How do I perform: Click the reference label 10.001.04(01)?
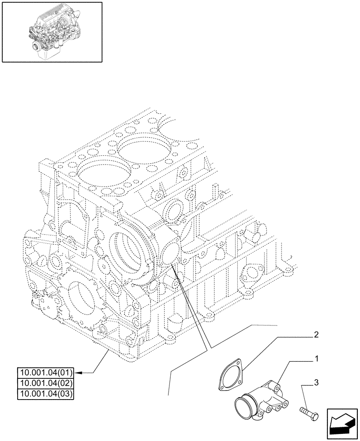(x=46, y=372)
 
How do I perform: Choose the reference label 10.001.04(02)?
(x=46, y=383)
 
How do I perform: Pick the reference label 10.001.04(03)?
(x=46, y=393)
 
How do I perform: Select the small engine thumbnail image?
(x=52, y=31)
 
